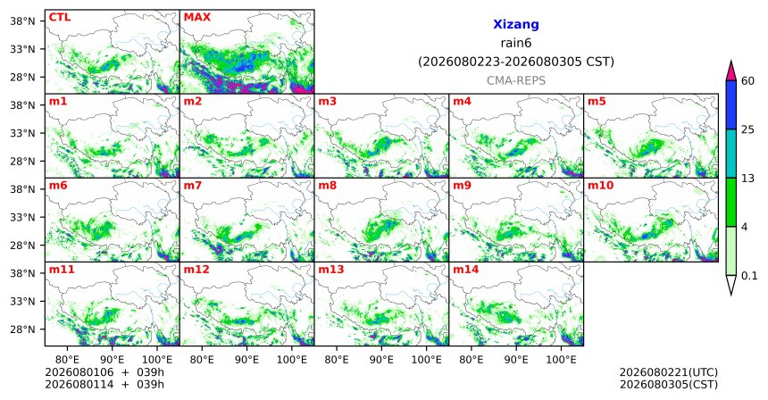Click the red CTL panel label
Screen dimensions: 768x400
[x=60, y=18]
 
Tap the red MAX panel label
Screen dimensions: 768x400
[x=196, y=18]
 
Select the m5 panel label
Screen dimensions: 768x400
[x=597, y=102]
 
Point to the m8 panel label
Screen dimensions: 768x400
[x=328, y=186]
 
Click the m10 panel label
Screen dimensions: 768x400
[x=600, y=186]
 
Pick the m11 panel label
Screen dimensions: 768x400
[x=62, y=270]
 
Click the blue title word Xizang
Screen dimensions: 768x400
[x=516, y=24]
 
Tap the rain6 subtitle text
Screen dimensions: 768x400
[x=516, y=43]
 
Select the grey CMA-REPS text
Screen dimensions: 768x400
[x=516, y=80]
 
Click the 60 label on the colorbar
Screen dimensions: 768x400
[x=748, y=80]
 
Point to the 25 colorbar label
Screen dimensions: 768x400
[x=748, y=129]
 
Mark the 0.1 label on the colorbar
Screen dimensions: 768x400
[x=749, y=276]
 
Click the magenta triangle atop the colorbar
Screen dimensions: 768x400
[x=731, y=71]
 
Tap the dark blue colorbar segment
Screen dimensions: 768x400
[x=731, y=104]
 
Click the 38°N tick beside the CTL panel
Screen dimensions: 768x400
[x=22, y=21]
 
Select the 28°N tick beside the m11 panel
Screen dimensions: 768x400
[x=22, y=329]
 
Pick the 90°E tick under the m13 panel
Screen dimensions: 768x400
[x=381, y=360]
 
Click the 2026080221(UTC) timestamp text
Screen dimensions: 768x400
[x=669, y=372]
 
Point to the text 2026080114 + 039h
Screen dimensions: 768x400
[x=104, y=384]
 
